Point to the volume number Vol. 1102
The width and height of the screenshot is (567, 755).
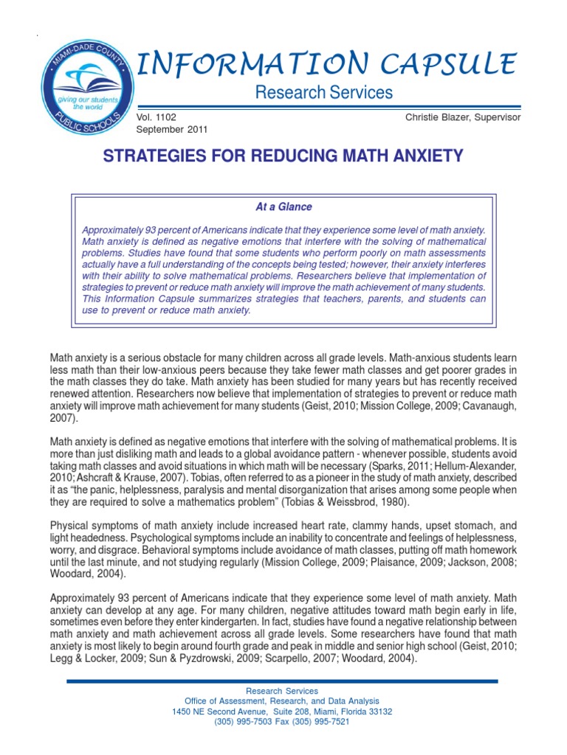pos(157,117)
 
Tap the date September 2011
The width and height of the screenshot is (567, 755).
pos(172,129)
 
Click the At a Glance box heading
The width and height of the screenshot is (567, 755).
pos(283,207)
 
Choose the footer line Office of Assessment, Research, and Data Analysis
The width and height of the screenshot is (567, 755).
pos(283,701)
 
